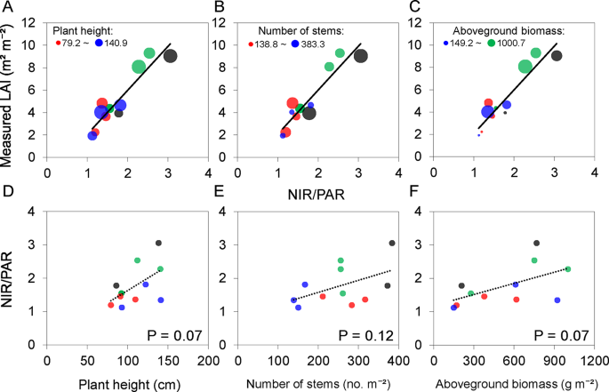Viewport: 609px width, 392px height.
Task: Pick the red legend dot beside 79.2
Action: (x=59, y=43)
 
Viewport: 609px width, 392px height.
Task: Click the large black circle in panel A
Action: (x=171, y=56)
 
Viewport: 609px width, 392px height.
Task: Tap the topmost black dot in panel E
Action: (x=392, y=243)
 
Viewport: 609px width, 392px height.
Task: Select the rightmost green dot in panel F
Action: (x=567, y=268)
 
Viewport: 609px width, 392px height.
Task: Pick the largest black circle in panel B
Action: (x=361, y=56)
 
